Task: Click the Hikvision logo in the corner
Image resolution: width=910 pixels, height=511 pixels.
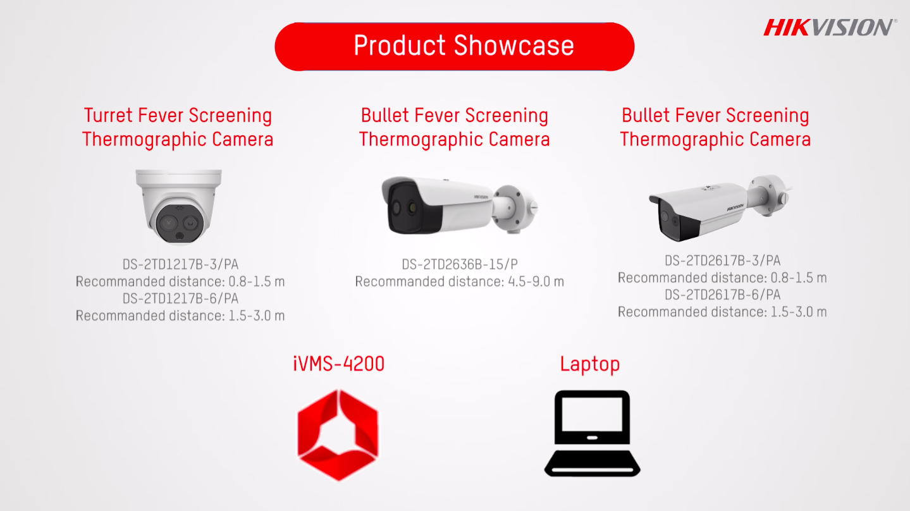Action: coord(830,28)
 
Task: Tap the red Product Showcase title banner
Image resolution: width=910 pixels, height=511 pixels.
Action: coord(455,47)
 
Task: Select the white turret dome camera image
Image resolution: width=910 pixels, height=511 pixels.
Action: coord(178,207)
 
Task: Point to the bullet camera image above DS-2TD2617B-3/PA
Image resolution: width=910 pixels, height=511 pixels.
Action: coord(719,207)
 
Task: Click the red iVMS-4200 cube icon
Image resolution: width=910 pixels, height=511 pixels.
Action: coord(338,435)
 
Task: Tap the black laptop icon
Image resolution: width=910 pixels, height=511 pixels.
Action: coord(593,433)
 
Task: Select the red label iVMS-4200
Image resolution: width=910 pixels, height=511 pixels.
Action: coord(338,364)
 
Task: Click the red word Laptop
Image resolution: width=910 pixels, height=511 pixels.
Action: coord(590,364)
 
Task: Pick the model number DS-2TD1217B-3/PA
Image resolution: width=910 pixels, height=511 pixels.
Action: coord(180,264)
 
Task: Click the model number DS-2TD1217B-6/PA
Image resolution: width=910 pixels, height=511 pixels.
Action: coord(180,299)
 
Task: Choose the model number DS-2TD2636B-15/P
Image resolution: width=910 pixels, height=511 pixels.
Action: coord(460,264)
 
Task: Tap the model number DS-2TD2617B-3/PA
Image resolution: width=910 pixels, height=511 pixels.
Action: coord(722,261)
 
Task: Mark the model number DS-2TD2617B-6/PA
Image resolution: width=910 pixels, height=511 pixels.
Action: coord(722,295)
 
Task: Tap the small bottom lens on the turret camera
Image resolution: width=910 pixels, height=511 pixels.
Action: coord(180,237)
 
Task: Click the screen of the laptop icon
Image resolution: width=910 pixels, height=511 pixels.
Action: coord(592,414)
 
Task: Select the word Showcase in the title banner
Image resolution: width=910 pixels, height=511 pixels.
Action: coord(514,45)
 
